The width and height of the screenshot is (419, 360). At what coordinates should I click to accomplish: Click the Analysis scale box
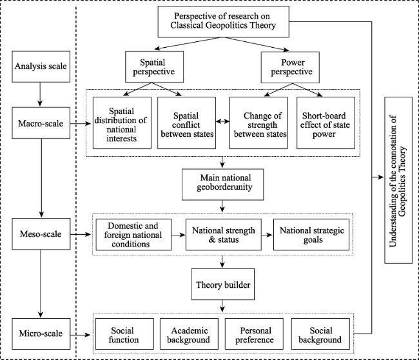coord(41,66)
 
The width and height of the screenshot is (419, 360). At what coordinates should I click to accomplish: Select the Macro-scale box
coord(41,123)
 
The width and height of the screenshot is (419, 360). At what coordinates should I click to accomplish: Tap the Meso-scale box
coord(41,234)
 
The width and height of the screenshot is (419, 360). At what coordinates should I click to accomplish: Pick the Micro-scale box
coord(41,334)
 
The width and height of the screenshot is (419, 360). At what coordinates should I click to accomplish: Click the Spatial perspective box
coord(155,67)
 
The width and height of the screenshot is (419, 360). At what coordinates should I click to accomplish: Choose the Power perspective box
coord(290,67)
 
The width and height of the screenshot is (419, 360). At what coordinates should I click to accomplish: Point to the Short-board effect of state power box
coord(326,123)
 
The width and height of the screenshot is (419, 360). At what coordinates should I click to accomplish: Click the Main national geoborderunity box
coord(223,185)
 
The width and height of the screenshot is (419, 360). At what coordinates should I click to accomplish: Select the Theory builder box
coord(223,284)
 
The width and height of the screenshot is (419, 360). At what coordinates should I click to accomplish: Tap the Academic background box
coord(189,334)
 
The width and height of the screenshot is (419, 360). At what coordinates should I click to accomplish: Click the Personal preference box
coord(254,334)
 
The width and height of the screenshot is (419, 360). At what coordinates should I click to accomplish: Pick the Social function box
coord(124,334)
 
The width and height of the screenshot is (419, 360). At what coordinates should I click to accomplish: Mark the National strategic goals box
coord(311,235)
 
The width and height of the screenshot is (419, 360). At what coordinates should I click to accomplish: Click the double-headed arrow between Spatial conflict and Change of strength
coord(222,122)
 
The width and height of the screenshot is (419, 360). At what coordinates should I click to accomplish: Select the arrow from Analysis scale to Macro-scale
coord(40,94)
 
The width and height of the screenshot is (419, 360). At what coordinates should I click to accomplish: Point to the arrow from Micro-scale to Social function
coord(80,335)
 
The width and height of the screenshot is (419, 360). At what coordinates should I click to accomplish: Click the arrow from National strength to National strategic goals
coord(268,235)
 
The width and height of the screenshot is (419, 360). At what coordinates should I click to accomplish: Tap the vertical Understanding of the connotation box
coord(398,180)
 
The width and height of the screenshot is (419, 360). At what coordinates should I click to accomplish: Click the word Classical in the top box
coord(187,25)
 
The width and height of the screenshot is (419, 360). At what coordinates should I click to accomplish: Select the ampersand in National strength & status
coord(212,239)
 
